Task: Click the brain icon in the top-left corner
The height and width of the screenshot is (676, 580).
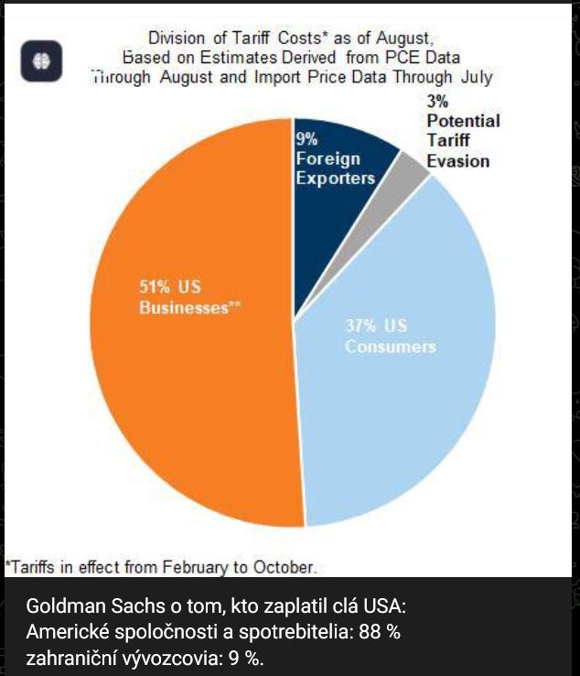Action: pos(42,61)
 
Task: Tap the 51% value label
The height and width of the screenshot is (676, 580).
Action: pos(156,288)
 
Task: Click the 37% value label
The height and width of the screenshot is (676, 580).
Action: pos(363,326)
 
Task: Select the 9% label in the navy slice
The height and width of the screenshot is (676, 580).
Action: pos(306,139)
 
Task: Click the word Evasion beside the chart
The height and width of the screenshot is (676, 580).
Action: pos(457,161)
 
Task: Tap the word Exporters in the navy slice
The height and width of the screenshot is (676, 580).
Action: pos(335,178)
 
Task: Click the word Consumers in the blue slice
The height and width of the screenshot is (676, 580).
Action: pos(390,347)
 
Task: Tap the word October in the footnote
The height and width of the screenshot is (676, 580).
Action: pos(285,567)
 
